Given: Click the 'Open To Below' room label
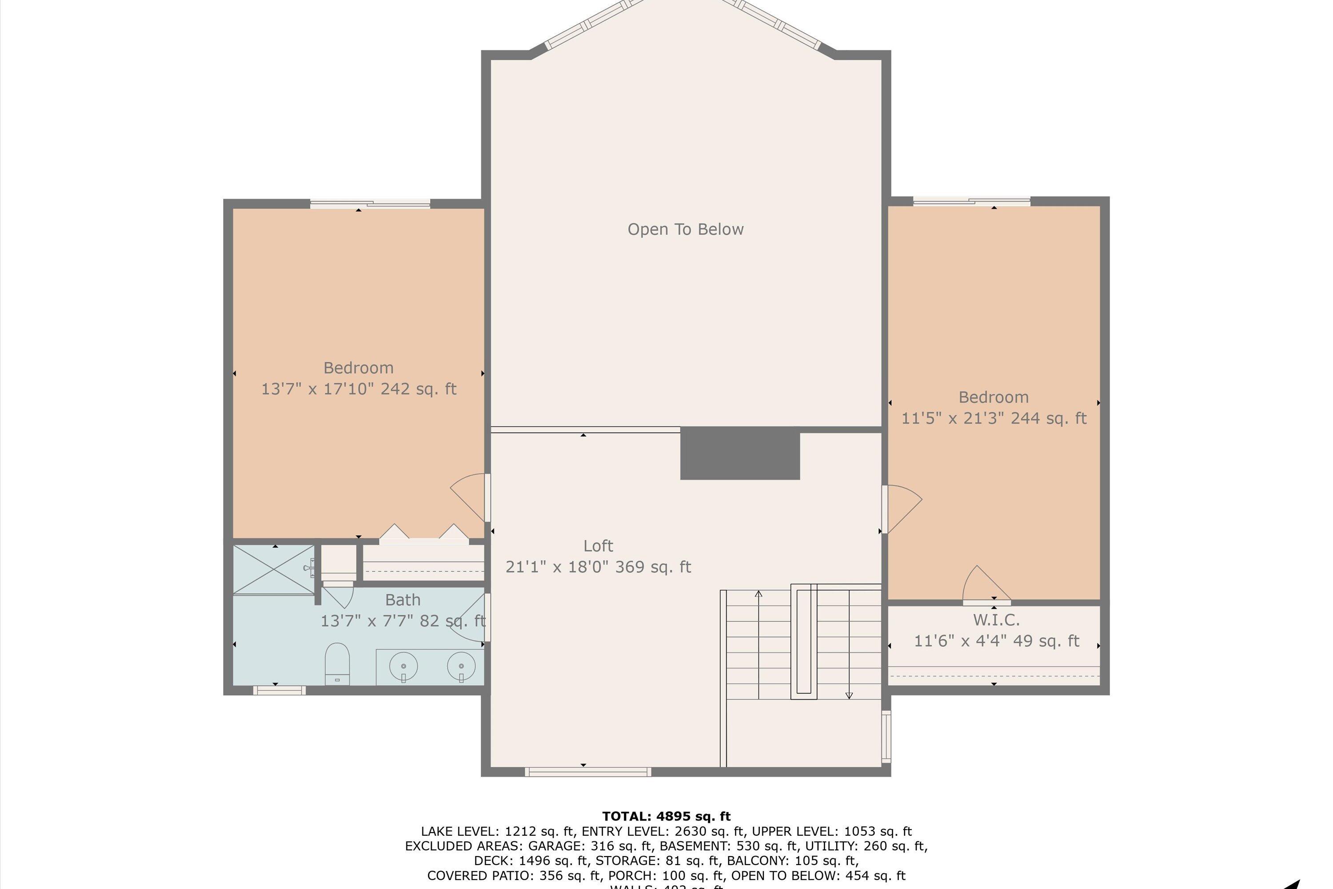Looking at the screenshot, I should click(x=685, y=229).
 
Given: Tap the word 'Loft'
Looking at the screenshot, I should click(x=598, y=545).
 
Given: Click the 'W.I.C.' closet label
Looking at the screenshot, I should click(x=996, y=620).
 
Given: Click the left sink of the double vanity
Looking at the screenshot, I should click(x=403, y=666).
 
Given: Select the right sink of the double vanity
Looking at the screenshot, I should click(x=461, y=666).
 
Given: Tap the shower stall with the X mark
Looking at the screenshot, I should click(x=274, y=569).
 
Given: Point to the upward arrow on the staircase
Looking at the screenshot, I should click(x=758, y=595).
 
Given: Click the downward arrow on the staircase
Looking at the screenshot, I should click(x=848, y=694).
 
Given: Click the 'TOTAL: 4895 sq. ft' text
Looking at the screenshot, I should click(x=666, y=817).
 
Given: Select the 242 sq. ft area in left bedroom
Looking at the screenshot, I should click(x=418, y=389).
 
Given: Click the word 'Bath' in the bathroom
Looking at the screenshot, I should click(x=403, y=600).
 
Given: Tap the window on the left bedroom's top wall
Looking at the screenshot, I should click(x=370, y=204).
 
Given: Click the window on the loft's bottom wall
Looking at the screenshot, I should click(x=588, y=771).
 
